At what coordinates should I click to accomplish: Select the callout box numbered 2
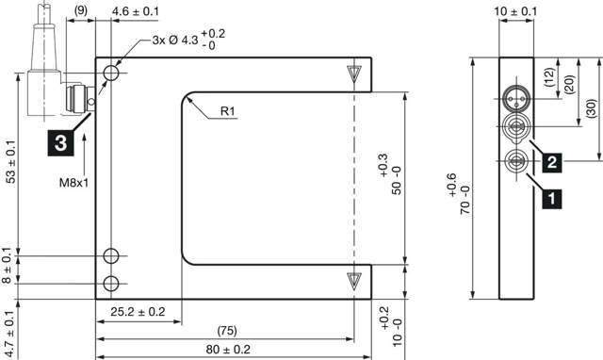tap(554, 162)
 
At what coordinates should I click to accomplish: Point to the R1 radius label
tap(228, 112)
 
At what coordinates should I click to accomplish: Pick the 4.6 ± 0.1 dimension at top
tap(135, 11)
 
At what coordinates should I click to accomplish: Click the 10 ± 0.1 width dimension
tap(515, 11)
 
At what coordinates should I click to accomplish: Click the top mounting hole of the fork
tap(112, 73)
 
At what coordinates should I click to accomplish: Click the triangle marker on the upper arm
tap(353, 74)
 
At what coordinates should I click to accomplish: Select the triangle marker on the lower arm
tap(353, 280)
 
